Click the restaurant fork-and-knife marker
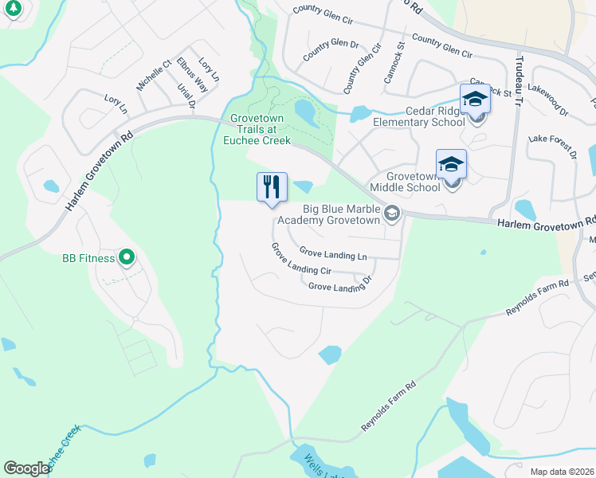click(272, 187)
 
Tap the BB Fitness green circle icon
click(126, 257)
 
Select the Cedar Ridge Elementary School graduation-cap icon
click(475, 100)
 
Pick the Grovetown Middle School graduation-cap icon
click(451, 164)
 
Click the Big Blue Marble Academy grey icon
click(391, 214)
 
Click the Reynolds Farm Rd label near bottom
click(390, 406)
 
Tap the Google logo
click(26, 468)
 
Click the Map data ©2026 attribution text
click(562, 472)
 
